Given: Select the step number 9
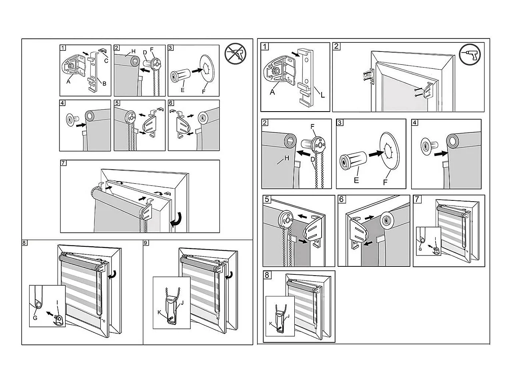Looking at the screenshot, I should click(x=146, y=243).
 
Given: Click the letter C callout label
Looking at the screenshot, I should click(x=106, y=61).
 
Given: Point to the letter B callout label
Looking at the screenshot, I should click(x=104, y=84).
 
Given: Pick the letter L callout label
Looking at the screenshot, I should click(x=322, y=95).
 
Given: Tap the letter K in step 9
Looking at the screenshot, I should click(x=159, y=312).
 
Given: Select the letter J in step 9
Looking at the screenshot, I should click(x=182, y=302).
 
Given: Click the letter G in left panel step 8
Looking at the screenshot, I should click(x=35, y=318).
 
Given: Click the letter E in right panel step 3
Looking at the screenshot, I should click(x=356, y=180).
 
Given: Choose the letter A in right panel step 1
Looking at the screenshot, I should click(x=272, y=92).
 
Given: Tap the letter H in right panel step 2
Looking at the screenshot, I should click(x=286, y=158).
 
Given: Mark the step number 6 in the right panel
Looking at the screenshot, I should click(x=342, y=199).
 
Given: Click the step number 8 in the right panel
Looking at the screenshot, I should click(x=267, y=275).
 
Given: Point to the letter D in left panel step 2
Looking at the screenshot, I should click(x=145, y=53).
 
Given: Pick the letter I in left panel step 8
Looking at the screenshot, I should click(x=58, y=303).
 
